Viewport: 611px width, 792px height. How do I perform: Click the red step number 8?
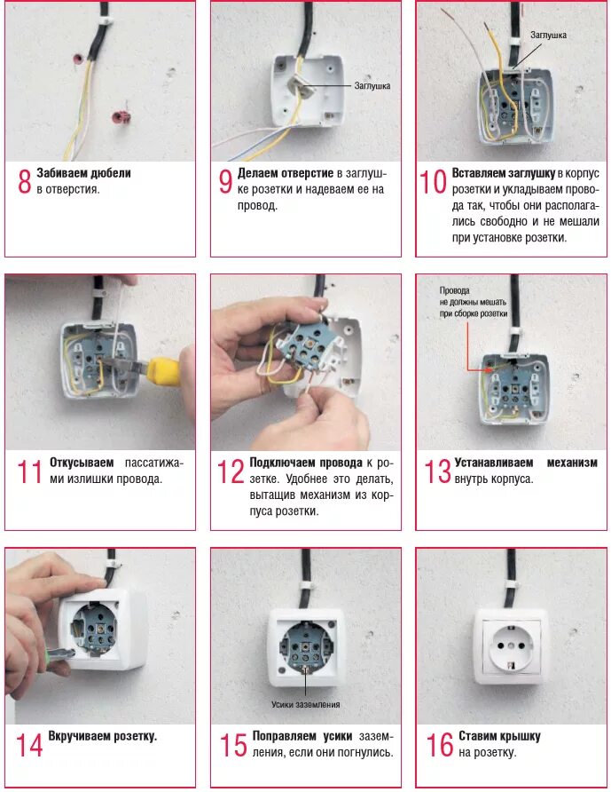pyautogui.click(x=24, y=181)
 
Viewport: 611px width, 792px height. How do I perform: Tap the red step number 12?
pyautogui.click(x=230, y=471)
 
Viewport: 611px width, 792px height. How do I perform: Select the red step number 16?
pyautogui.click(x=440, y=745)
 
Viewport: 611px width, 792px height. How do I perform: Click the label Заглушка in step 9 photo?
pyautogui.click(x=372, y=86)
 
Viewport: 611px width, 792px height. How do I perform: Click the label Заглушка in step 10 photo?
pyautogui.click(x=548, y=35)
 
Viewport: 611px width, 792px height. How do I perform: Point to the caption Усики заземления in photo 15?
pyautogui.click(x=305, y=704)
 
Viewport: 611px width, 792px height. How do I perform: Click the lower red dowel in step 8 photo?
pyautogui.click(x=121, y=117)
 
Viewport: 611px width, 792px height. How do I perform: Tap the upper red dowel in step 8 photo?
pyautogui.click(x=78, y=59)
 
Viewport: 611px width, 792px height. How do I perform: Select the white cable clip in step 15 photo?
pyautogui.click(x=307, y=587)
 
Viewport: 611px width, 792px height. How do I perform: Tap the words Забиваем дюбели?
pyautogui.click(x=83, y=173)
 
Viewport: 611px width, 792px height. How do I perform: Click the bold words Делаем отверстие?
pyautogui.click(x=286, y=173)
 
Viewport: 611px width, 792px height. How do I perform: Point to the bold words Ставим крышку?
pyautogui.click(x=499, y=736)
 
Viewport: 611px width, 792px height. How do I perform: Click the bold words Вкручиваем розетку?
pyautogui.click(x=102, y=736)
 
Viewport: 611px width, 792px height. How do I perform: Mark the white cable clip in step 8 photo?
pyautogui.click(x=104, y=21)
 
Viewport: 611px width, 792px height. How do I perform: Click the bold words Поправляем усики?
pyautogui.click(x=302, y=736)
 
